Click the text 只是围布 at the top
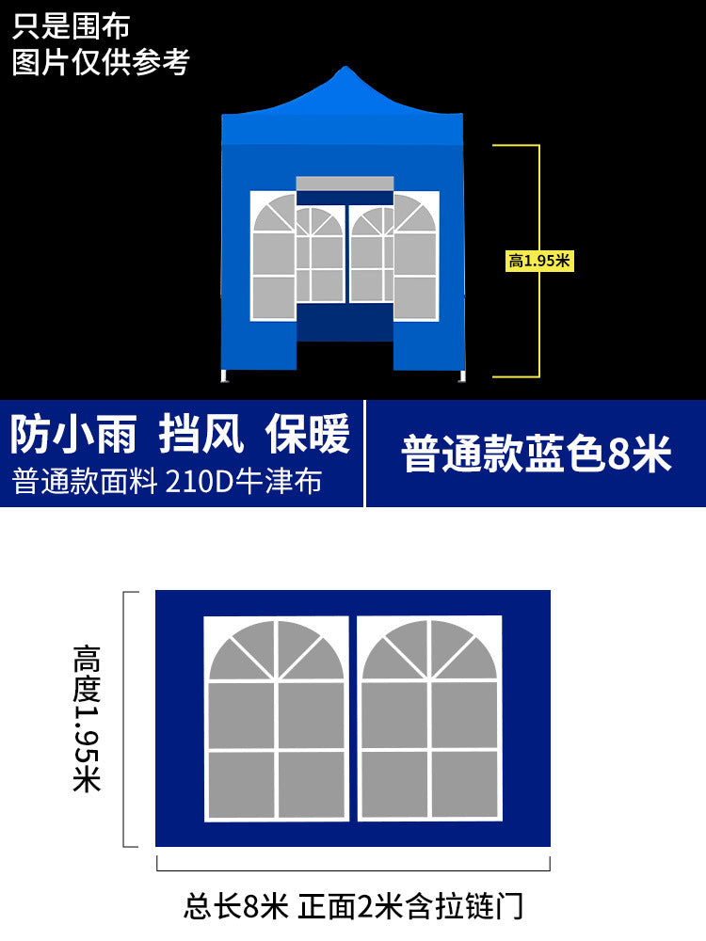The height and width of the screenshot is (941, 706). tap(71, 25)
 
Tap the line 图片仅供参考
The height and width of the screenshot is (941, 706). tap(101, 61)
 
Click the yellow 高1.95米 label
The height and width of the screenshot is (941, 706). tap(539, 262)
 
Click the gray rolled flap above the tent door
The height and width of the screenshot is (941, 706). tap(345, 183)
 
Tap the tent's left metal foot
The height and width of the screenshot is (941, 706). tap(225, 377)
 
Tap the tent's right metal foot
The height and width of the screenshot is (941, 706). tap(462, 377)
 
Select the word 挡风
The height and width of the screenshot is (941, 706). tap(201, 435)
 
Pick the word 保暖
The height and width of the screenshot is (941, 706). tap(307, 435)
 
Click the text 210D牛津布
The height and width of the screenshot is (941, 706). tap(244, 481)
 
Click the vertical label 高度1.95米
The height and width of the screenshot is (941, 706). tap(87, 718)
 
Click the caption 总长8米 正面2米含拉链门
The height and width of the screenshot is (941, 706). tap(353, 907)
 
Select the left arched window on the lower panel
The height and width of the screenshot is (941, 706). tap(276, 718)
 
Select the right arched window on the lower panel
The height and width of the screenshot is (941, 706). tap(430, 718)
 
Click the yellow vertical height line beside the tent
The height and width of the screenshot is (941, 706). tap(538, 320)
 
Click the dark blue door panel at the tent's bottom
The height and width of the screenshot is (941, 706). tap(345, 322)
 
